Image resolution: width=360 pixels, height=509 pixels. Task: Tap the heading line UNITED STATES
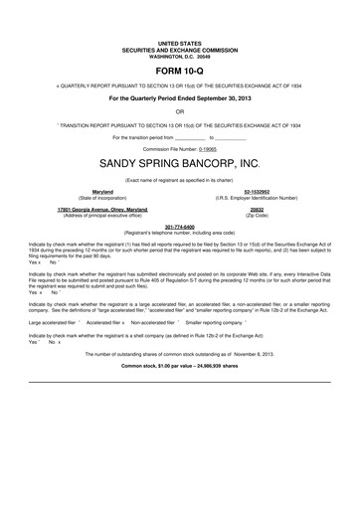180,45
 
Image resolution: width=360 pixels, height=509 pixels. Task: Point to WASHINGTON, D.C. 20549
180,56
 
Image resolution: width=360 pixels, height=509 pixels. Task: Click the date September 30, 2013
218,99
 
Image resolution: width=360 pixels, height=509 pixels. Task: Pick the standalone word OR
180,112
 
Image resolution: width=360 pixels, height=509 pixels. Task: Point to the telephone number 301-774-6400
180,226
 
